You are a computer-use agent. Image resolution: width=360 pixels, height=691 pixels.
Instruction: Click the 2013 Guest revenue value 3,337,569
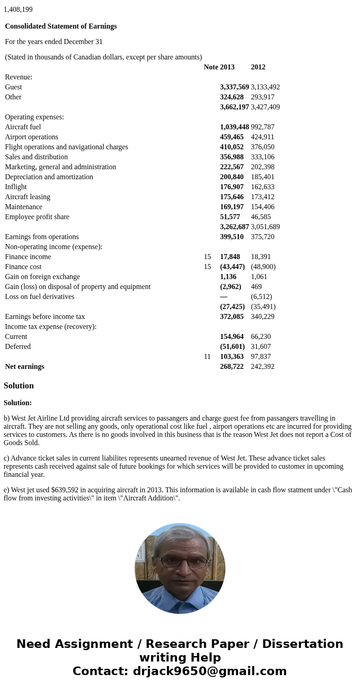click(234, 87)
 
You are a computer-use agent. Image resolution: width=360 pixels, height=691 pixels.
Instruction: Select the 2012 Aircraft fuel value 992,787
click(263, 127)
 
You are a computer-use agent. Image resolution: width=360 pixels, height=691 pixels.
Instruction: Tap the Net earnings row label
click(24, 367)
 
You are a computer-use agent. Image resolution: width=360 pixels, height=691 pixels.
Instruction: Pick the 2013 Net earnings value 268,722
click(232, 367)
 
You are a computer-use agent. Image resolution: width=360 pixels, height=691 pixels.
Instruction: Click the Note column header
click(211, 67)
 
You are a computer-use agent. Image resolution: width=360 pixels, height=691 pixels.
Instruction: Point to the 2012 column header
click(258, 67)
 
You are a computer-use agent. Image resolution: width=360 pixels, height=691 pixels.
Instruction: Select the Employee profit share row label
click(37, 217)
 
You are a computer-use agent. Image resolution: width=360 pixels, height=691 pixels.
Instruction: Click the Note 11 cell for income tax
click(207, 357)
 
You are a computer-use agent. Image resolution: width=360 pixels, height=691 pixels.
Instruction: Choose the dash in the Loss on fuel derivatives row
click(224, 297)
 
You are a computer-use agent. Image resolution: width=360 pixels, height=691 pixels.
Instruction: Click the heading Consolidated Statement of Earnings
click(61, 26)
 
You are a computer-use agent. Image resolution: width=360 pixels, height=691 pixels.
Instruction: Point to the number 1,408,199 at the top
click(18, 10)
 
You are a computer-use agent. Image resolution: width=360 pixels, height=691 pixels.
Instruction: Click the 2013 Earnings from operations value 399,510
click(232, 237)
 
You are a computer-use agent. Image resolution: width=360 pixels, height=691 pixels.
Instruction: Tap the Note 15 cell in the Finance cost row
click(207, 267)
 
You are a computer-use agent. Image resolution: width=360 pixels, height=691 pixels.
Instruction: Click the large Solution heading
click(19, 386)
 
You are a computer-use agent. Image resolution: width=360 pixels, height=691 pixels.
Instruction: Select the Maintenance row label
click(24, 207)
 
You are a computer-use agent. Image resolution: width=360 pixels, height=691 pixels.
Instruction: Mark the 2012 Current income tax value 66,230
click(261, 337)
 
